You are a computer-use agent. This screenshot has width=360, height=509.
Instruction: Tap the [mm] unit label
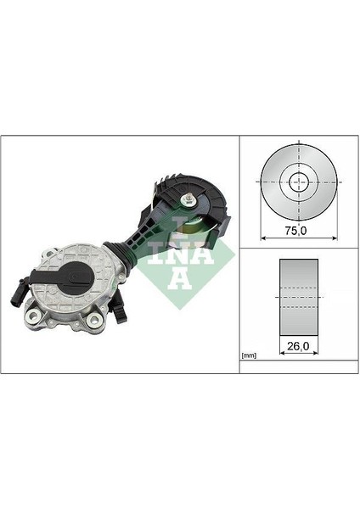[x=248, y=354]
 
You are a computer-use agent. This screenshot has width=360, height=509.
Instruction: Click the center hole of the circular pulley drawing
[x=299, y=181]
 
